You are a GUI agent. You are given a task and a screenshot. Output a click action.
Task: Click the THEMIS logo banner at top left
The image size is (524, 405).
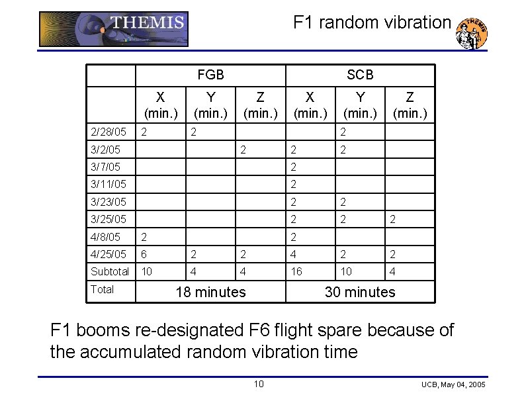tap(114, 29)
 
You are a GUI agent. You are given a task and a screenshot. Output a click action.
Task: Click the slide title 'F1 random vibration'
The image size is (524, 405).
tap(372, 22)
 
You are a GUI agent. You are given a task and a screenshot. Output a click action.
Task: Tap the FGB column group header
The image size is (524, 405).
tap(210, 75)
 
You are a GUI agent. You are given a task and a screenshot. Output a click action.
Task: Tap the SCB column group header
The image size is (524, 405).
tap(360, 75)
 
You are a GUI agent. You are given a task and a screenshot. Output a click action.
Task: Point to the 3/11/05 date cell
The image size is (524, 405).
tap(108, 184)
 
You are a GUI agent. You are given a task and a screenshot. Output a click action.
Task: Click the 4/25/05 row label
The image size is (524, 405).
tap(108, 254)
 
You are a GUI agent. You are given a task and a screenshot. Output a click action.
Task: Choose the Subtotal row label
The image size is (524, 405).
tap(110, 271)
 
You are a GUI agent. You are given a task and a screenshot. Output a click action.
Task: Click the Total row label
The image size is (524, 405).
tap(102, 289)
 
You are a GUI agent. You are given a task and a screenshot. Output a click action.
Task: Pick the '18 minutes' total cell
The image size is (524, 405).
tap(210, 292)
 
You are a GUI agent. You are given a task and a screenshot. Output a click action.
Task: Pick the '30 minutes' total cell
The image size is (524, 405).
tap(360, 292)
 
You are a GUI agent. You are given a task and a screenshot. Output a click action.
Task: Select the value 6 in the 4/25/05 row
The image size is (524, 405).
tap(145, 254)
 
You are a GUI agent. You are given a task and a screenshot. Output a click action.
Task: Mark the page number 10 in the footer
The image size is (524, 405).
tap(259, 384)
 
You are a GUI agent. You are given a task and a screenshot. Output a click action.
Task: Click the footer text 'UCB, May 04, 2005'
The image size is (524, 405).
tap(453, 385)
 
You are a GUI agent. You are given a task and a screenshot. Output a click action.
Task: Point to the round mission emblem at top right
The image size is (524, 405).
tap(472, 33)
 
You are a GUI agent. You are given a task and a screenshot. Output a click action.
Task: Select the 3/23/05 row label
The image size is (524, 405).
tap(108, 201)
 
